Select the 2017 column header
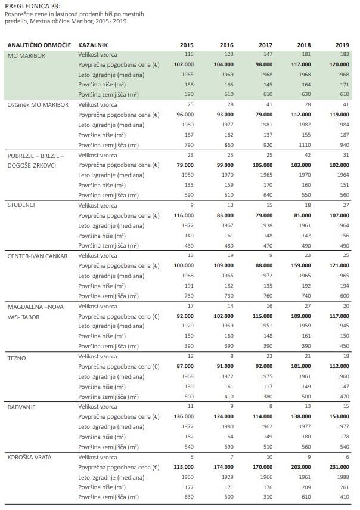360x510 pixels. pos(265,45)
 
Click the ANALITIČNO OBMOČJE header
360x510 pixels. pos(39,45)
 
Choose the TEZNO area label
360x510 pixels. pos(17,357)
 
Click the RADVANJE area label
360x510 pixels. pos(22,407)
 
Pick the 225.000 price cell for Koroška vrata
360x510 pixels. pos(182,467)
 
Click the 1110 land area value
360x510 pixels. pos(304,145)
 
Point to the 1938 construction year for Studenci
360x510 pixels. pos(266,225)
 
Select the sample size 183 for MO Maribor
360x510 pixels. pos(342,54)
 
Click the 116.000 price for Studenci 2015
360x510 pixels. pos(182,215)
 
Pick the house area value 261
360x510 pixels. pos(343,487)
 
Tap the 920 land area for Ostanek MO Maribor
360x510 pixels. pos(266,145)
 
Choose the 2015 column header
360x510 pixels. pos(187,45)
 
